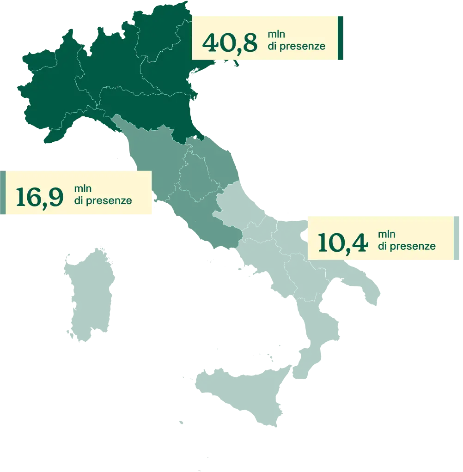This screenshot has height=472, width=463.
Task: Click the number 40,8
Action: click(230, 42)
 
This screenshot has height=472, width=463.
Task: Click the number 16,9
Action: click(39, 197)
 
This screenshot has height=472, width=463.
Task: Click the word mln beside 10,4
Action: click(386, 235)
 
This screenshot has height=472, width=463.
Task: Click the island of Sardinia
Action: click(89, 296)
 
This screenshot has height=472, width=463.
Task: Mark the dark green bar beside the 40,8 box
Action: click(341, 38)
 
